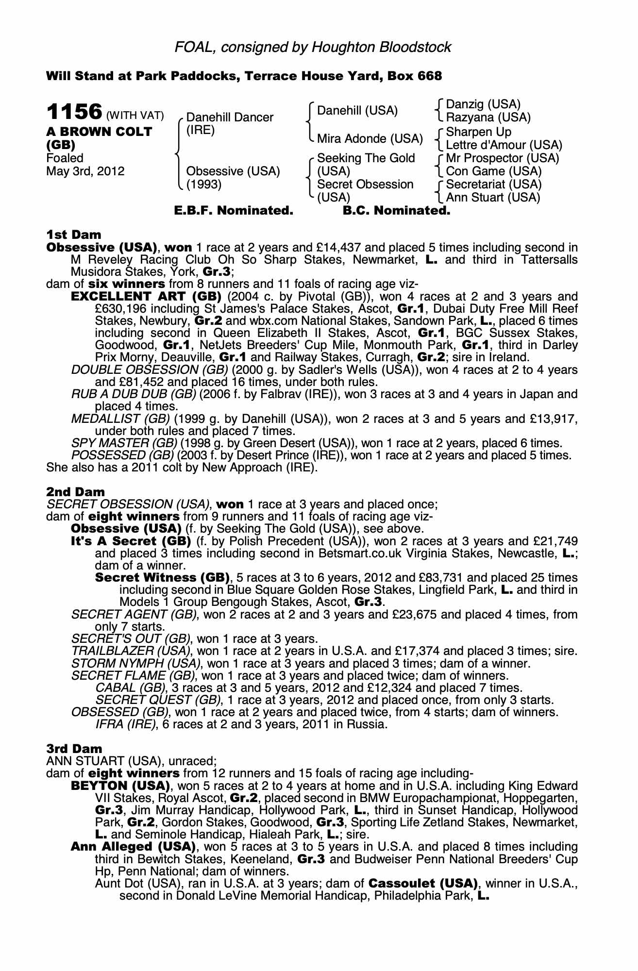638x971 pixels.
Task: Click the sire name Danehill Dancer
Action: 230,117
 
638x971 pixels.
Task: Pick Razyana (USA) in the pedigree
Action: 488,117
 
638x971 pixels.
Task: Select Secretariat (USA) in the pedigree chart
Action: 493,184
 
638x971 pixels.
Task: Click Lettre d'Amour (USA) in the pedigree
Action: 504,145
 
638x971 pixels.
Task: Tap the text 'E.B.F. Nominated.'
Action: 234,211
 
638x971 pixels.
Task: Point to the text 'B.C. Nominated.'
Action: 396,211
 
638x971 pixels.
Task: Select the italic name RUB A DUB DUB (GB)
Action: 133,394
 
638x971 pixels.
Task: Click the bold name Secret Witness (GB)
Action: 162,578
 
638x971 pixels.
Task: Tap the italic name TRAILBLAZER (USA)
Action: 130,651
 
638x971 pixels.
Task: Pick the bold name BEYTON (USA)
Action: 120,786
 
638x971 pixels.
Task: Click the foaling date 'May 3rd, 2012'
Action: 85,171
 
